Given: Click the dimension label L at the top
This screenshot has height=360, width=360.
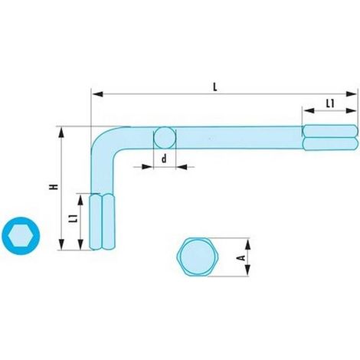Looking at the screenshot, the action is [x=215, y=87].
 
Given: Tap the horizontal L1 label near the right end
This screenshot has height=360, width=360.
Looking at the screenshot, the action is [x=330, y=103].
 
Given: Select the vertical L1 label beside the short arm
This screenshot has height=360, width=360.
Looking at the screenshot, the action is [x=74, y=218].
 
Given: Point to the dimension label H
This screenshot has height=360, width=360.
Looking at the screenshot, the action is [x=54, y=187].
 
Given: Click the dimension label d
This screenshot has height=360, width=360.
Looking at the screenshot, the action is [x=164, y=159].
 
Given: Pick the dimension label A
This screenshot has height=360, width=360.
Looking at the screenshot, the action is [x=241, y=258].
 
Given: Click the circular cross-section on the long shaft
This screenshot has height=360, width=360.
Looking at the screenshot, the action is [x=165, y=138].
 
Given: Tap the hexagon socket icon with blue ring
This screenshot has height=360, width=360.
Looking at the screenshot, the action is [x=21, y=236].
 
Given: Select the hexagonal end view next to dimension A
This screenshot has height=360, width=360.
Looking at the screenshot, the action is [x=198, y=257].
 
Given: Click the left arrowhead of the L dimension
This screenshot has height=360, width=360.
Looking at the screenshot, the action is [x=98, y=94].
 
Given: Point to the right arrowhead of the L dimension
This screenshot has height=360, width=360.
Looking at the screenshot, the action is [x=351, y=93].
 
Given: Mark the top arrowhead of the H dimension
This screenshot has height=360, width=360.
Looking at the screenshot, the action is [x=61, y=133].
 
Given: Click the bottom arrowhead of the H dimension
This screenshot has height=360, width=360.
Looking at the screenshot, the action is [x=61, y=244].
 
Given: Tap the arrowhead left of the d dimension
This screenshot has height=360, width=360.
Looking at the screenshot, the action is [x=147, y=167].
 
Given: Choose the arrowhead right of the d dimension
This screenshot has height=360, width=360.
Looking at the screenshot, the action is [x=182, y=167].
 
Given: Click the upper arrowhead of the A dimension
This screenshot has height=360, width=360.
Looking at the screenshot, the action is [x=247, y=244].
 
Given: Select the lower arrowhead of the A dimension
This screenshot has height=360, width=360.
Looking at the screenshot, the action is [x=247, y=270].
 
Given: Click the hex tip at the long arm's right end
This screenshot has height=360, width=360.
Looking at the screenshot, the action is [x=330, y=138].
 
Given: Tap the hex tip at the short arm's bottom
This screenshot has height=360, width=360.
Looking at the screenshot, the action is [x=103, y=221].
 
